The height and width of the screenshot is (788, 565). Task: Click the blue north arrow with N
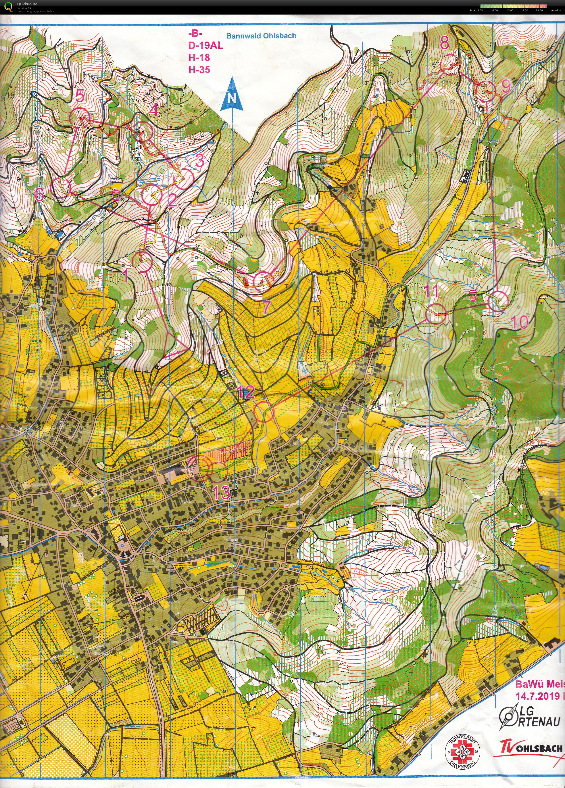point(232,96)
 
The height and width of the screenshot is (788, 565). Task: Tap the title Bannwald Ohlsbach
point(261,36)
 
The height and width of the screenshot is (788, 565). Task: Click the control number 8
point(444,43)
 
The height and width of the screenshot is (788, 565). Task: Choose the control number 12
point(246,392)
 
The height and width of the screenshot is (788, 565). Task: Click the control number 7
point(266,307)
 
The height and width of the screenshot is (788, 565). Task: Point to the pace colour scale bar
point(513,6)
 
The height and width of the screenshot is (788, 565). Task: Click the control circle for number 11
point(436,313)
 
